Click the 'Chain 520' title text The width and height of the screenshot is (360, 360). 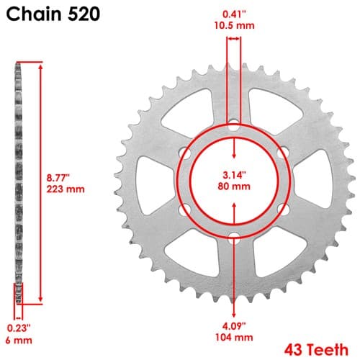tap(53, 14)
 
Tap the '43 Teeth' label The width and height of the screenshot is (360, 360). tap(316, 350)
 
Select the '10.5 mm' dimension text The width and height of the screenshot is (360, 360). tap(234, 25)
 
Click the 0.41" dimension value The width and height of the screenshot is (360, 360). tap(234, 14)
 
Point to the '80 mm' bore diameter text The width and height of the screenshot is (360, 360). tap(234, 186)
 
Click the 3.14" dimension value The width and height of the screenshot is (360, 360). tap(234, 175)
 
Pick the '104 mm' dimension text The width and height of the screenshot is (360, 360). tap(234, 338)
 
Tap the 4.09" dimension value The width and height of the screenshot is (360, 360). tap(234, 326)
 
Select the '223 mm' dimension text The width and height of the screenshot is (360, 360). tap(66, 189)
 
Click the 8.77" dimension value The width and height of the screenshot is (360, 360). tap(58, 178)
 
